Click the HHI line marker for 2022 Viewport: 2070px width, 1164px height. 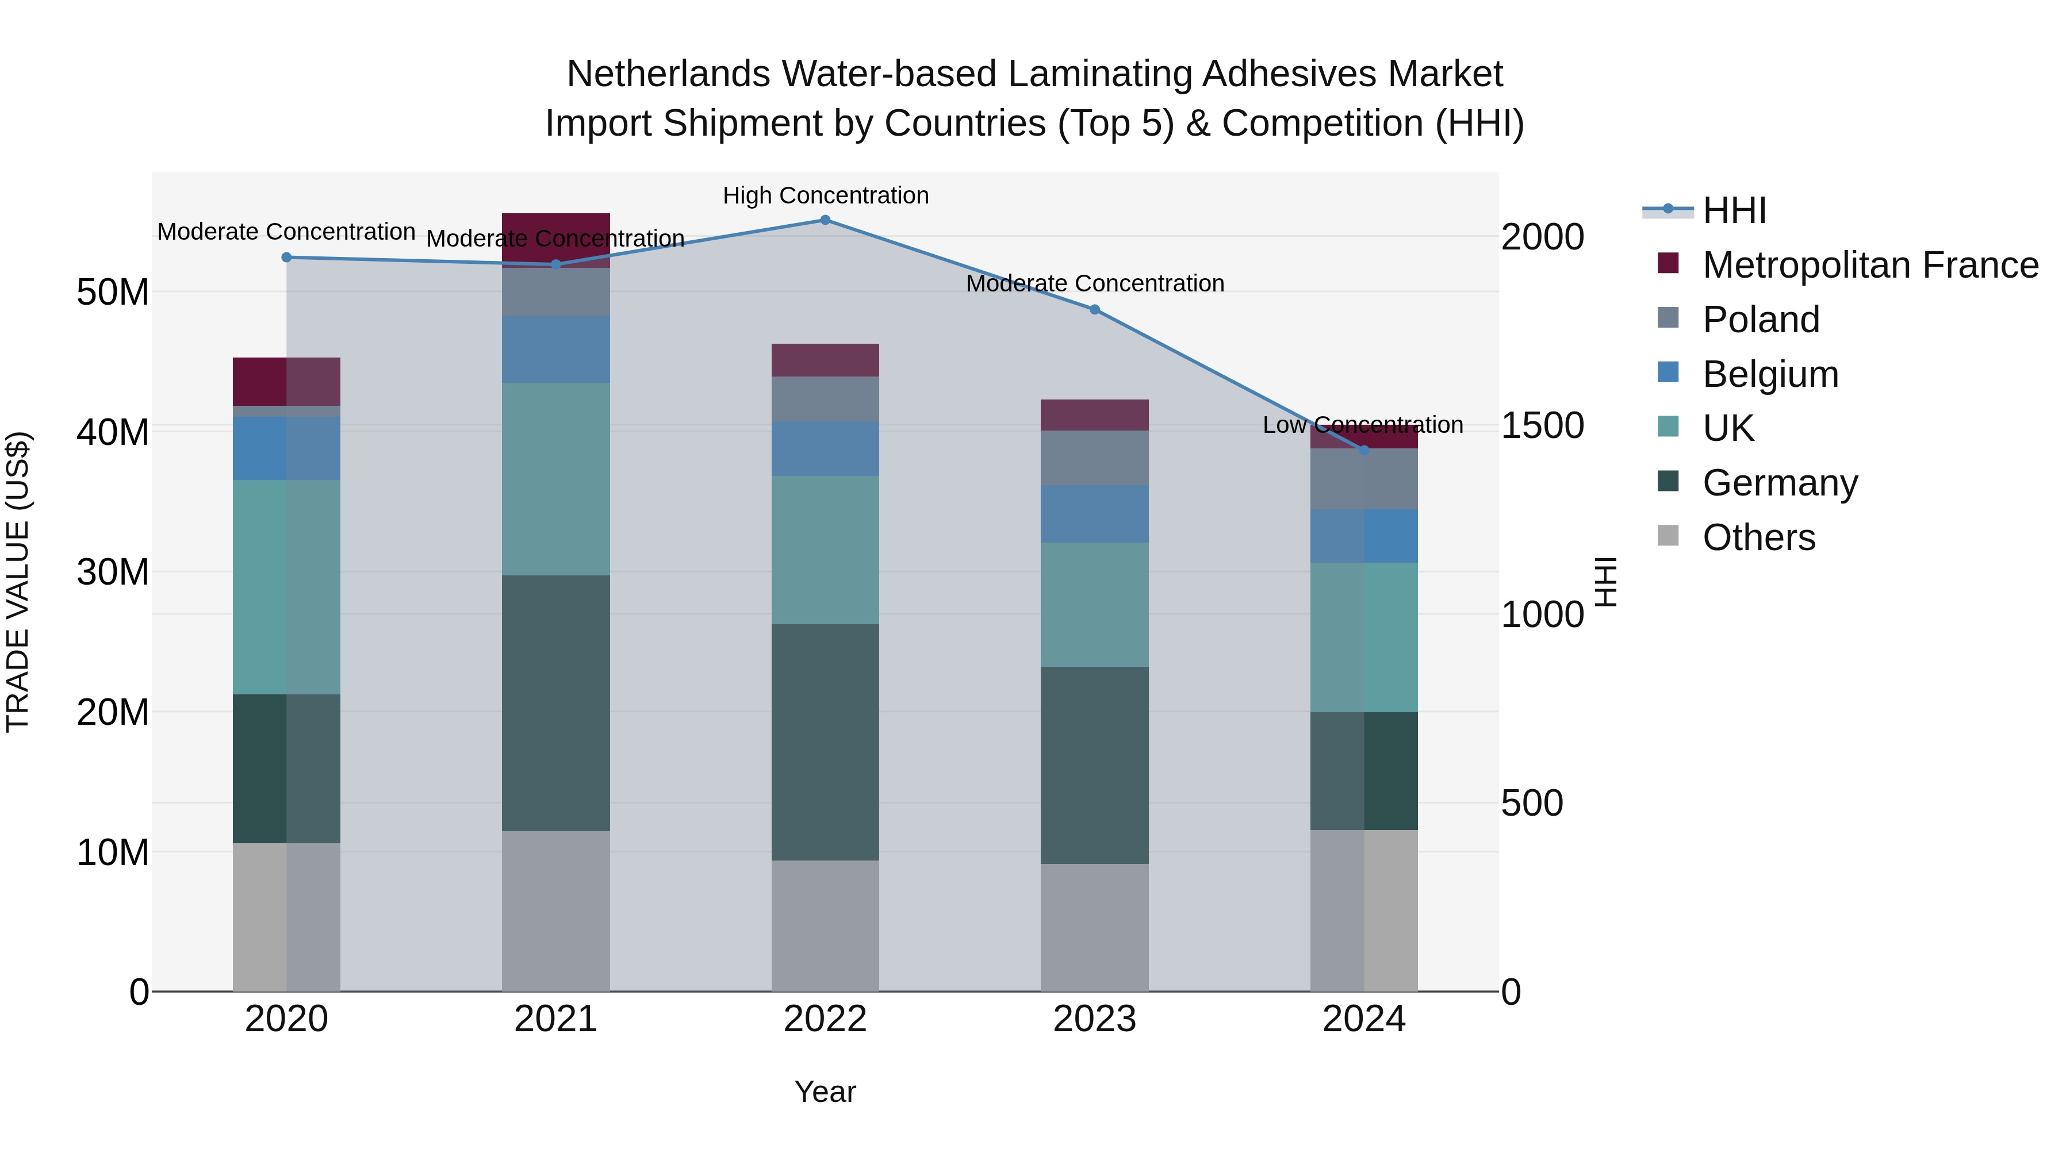825,220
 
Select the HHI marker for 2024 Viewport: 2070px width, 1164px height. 1364,451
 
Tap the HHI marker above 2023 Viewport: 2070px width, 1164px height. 1094,310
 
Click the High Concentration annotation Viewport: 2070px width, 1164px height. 825,196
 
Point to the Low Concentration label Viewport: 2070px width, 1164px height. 1362,425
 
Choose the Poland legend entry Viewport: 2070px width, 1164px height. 1760,320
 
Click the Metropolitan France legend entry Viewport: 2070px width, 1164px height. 1869,265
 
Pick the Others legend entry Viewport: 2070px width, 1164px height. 1758,537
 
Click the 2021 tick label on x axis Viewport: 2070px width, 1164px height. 555,1019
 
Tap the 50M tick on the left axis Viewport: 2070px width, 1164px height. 113,293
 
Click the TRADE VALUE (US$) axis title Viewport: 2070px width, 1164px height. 18,582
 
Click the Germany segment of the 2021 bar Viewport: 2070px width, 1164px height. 555,703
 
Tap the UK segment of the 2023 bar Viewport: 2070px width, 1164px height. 1094,604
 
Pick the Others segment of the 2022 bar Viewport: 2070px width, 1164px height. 825,925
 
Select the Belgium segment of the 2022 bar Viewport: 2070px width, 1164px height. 825,448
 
